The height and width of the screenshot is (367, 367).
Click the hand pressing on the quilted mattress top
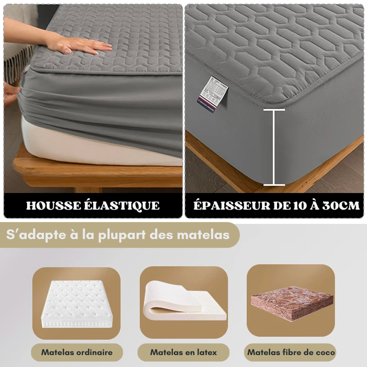tap(83, 45)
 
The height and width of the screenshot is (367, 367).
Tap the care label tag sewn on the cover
tap(213, 90)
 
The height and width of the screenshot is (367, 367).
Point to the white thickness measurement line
tap(274, 147)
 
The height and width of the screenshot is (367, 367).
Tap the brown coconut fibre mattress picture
tap(291, 303)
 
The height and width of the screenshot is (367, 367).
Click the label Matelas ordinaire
tap(77, 352)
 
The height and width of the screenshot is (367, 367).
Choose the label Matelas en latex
tap(183, 352)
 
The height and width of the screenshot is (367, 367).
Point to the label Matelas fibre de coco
tap(291, 352)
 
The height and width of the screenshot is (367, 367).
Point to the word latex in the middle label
tap(206, 352)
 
